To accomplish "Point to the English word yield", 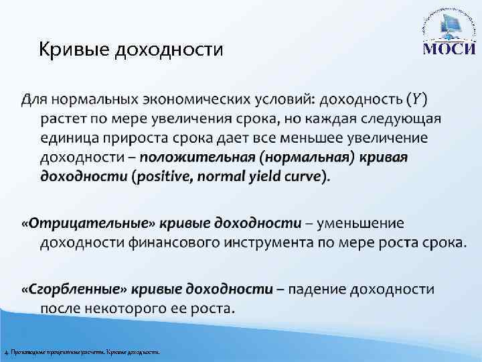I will coord(268,177).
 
